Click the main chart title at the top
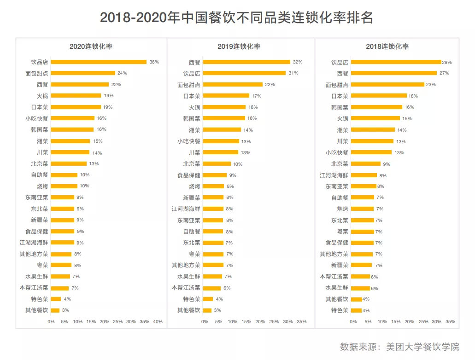[237, 18]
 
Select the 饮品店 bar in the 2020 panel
[99, 62]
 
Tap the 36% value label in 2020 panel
[154, 62]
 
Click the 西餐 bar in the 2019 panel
[246, 62]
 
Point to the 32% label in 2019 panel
[297, 62]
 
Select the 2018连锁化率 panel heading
[387, 46]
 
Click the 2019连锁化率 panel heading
[239, 46]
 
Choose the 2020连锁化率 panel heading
[91, 46]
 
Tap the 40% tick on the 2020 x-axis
[158, 321]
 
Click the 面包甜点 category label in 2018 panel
[337, 85]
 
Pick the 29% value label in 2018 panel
[447, 62]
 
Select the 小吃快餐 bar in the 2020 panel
[72, 118]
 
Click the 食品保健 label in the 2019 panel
[189, 175]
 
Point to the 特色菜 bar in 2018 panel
[356, 311]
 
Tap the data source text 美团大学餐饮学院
[422, 347]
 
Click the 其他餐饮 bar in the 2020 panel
[55, 310]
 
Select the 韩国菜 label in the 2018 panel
[340, 107]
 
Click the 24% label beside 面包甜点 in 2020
[122, 73]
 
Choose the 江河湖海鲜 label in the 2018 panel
[334, 175]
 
